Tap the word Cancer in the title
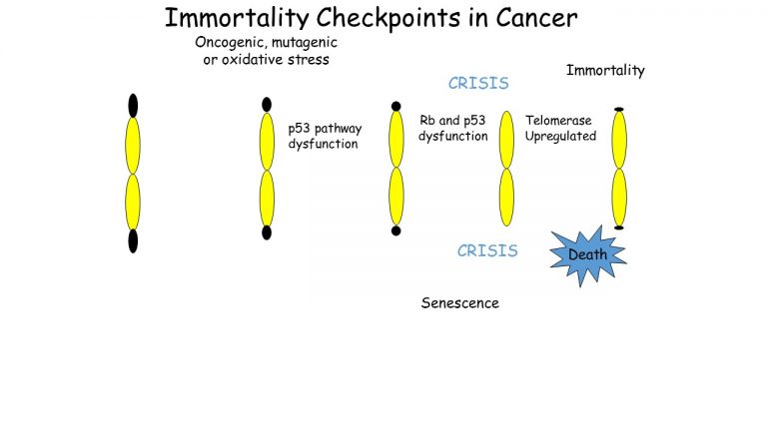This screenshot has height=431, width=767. pos(529,18)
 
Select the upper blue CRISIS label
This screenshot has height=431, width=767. pos(478,84)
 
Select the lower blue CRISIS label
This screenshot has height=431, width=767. pos(487,250)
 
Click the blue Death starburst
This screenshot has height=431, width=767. pos(587,254)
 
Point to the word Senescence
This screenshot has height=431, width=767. pos(459,303)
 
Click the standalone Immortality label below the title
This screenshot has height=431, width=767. pos(605,70)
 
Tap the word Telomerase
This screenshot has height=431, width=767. pos(558,121)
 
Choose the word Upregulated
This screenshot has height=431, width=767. pos(560,136)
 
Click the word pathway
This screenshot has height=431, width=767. pos(339,129)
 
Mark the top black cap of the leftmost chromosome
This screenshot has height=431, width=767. pos(133,105)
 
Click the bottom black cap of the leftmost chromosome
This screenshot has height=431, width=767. pos(133,240)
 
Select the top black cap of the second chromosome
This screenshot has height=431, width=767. pos(267,104)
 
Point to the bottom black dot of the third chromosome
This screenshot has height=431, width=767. pos(396,230)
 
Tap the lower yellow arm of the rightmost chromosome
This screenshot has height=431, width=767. pos(619,197)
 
